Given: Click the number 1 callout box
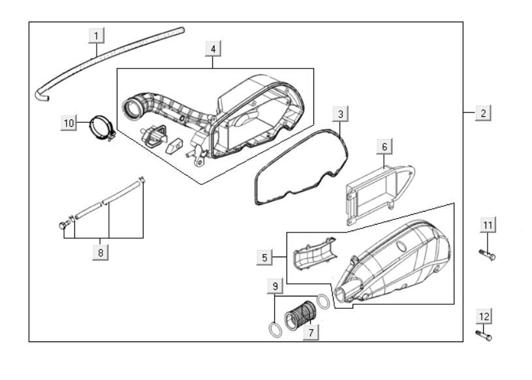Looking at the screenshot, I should point(97,34).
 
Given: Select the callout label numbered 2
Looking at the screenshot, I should point(482,112).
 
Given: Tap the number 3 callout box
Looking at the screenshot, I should point(339,114).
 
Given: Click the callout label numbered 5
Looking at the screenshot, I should point(264,258).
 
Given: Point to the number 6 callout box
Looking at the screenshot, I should point(384,147).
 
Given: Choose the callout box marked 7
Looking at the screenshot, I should point(311,332).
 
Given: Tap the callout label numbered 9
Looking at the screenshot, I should point(275,285).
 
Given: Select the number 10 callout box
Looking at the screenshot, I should point(70,123).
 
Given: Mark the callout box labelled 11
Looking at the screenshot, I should point(488,225).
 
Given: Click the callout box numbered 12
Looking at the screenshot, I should point(484,317).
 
